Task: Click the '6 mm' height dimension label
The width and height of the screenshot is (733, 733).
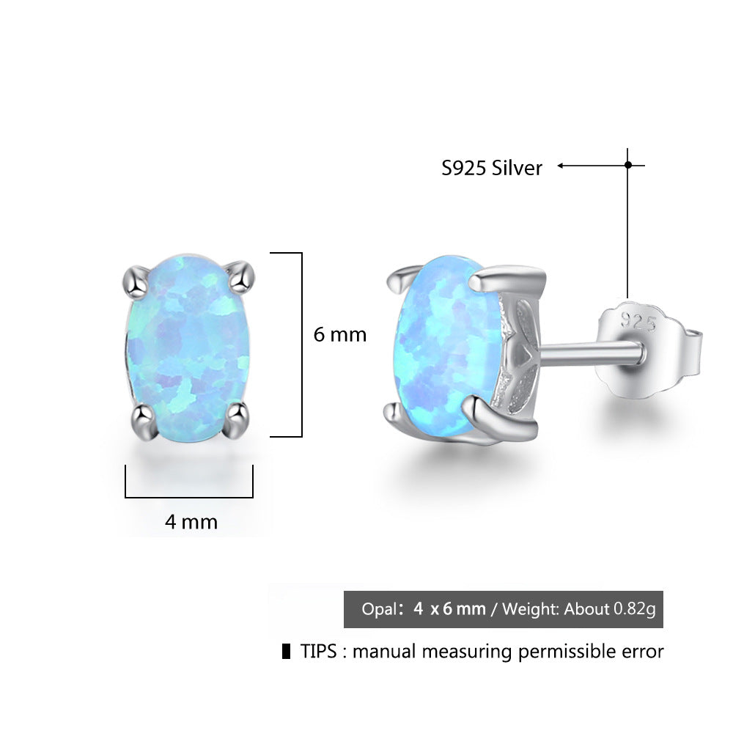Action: point(339,335)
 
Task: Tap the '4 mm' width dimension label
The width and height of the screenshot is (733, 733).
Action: point(191,522)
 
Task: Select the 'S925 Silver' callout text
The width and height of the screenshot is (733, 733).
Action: point(491,169)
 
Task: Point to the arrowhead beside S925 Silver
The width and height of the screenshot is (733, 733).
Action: point(561,166)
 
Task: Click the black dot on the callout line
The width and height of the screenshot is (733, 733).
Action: point(627,166)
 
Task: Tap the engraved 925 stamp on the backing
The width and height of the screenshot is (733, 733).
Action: point(636,319)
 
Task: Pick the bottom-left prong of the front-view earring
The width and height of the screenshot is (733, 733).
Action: point(139,419)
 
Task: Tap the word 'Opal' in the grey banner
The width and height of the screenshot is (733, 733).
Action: point(378,609)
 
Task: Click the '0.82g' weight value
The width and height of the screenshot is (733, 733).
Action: point(635,609)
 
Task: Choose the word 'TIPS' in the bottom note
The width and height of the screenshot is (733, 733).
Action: point(319,652)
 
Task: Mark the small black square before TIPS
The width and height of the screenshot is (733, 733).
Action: point(286,652)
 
